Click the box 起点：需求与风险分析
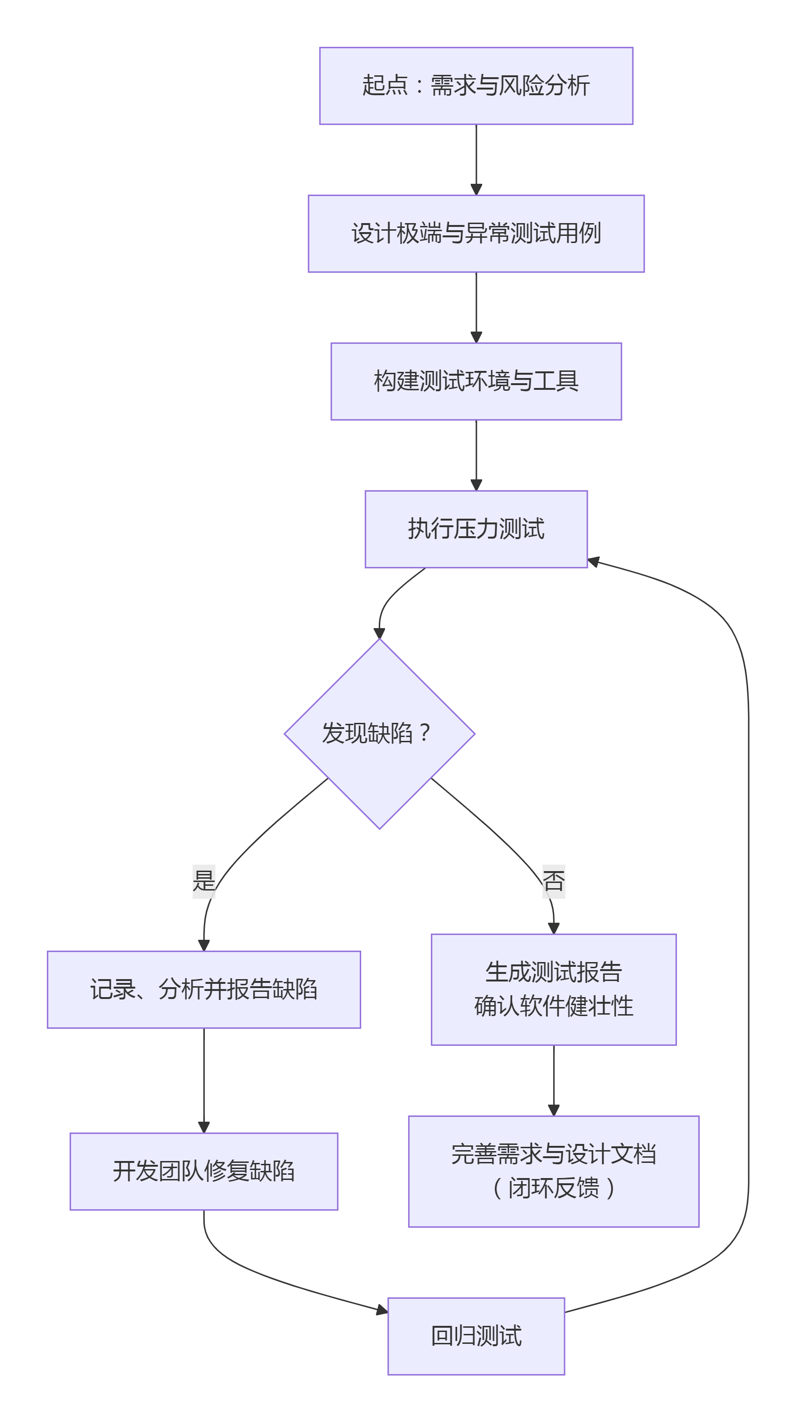pos(476,86)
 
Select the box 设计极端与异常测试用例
pos(476,234)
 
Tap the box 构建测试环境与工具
pos(476,381)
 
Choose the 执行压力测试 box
pos(476,529)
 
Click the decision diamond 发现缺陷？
pos(379,734)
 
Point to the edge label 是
pos(203,881)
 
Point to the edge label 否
pos(553,881)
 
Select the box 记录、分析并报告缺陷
pos(203,990)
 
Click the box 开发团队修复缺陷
pos(203,1171)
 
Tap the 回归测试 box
pos(476,1336)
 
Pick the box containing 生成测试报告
pos(553,990)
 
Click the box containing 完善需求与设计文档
pos(553,1172)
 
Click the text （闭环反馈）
pos(553,1188)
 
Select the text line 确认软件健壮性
pos(553,1006)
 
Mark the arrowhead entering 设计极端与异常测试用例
pos(476,190)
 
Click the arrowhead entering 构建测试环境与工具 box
pos(476,338)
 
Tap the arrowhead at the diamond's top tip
pos(379,633)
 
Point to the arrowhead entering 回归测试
pos(382,1310)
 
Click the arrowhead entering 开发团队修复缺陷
pos(203,1127)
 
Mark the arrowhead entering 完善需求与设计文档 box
pos(553,1110)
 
